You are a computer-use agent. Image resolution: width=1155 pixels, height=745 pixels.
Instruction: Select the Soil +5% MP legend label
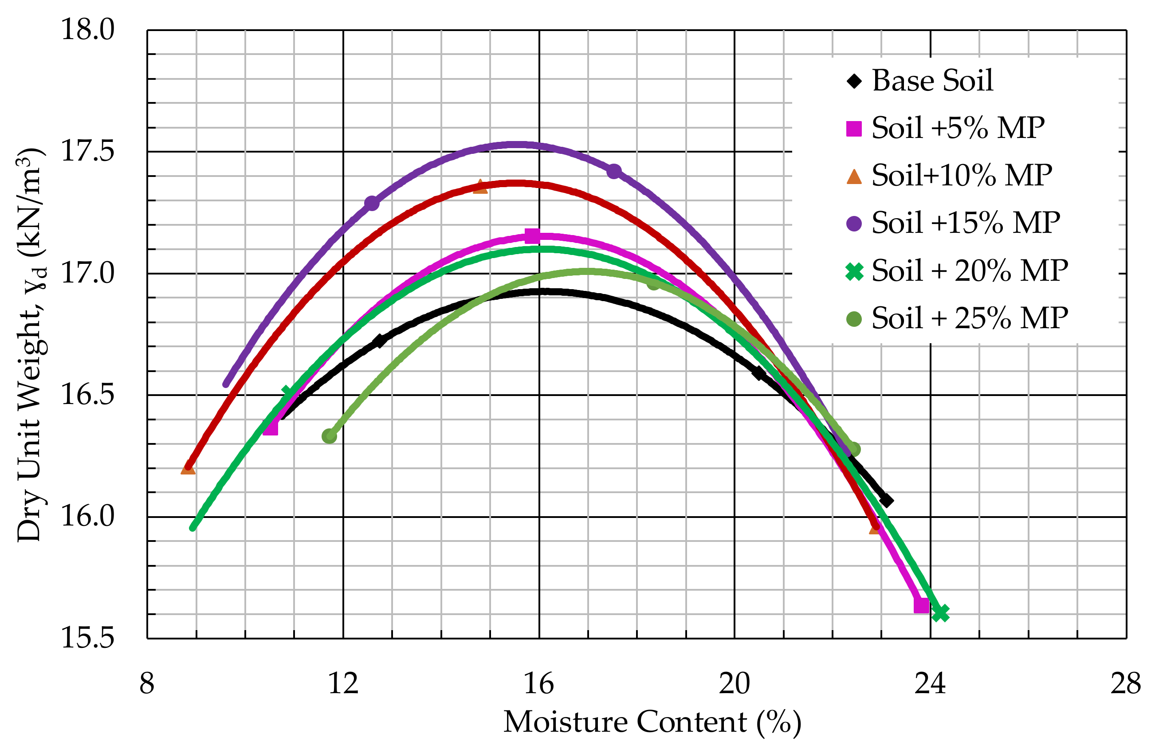(958, 128)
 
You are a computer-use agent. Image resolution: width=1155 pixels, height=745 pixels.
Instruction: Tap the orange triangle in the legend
(854, 176)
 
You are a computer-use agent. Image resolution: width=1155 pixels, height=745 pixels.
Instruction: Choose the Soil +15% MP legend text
(965, 223)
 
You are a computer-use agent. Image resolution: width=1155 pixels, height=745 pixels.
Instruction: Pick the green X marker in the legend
(854, 271)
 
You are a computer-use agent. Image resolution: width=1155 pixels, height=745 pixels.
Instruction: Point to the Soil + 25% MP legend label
(969, 318)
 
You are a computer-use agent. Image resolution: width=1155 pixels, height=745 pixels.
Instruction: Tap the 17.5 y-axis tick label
(87, 151)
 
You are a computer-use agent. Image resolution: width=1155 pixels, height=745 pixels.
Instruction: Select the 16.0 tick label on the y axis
(87, 516)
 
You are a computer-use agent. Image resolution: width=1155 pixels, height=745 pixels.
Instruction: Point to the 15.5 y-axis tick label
(87, 638)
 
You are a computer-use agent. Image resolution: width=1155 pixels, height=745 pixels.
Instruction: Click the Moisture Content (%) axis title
(652, 723)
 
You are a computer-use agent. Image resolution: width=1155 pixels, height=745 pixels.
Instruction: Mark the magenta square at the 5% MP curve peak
(532, 236)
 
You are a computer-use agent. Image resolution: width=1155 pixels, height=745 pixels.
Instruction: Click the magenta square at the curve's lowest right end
(921, 605)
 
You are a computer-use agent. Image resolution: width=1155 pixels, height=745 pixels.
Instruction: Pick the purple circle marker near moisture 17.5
(613, 171)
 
